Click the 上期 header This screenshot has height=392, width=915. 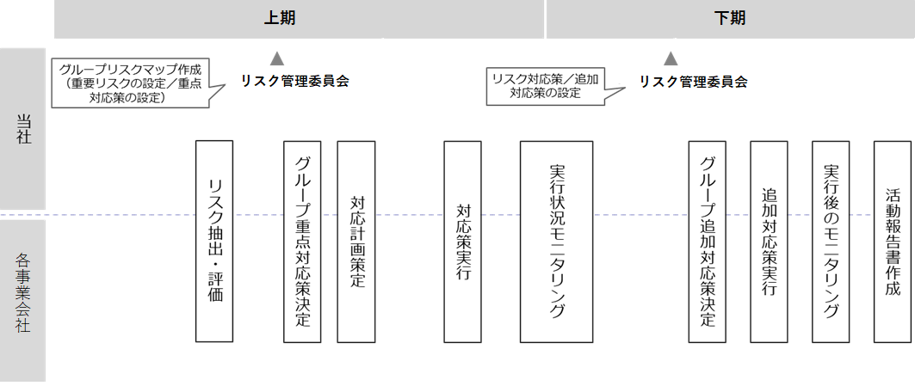click(280, 18)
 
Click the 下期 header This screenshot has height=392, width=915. click(730, 18)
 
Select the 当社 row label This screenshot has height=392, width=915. click(22, 128)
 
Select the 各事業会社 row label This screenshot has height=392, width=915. click(22, 291)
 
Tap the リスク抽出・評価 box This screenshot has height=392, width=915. click(214, 241)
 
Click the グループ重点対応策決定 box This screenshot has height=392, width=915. click(302, 241)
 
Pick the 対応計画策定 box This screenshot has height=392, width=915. click(356, 241)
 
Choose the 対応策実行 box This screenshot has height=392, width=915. click(462, 241)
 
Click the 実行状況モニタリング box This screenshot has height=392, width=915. click(556, 241)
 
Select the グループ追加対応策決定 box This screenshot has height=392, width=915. click(708, 241)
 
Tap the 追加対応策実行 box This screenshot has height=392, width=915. click(769, 241)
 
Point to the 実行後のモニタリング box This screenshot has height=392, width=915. click(831, 241)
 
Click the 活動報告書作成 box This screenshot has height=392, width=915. click(893, 241)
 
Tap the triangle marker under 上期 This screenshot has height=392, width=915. click(276, 58)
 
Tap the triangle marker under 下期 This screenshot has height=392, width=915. click(671, 58)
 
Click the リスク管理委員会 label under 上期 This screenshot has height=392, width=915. click(295, 82)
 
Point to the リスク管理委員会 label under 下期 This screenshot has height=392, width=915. click(693, 82)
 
